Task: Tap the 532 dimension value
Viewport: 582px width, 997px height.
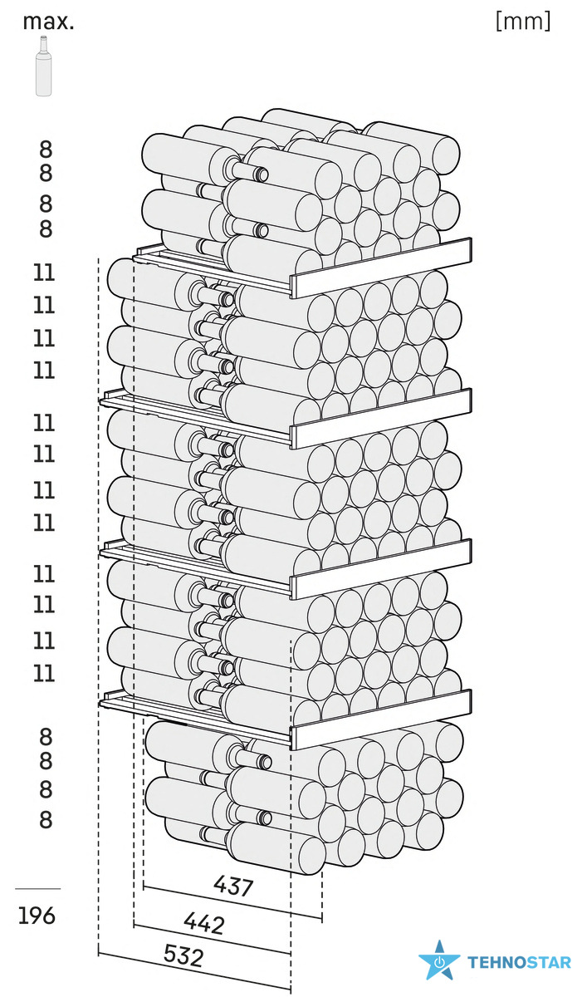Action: click(x=183, y=956)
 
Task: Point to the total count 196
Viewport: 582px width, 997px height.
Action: click(x=37, y=916)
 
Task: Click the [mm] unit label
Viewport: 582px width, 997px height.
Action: click(x=523, y=21)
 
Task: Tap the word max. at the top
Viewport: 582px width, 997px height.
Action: click(x=48, y=22)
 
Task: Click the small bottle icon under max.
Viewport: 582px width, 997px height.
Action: click(x=43, y=66)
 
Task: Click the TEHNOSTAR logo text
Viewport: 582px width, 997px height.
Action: click(x=519, y=962)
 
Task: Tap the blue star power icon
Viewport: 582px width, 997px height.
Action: click(x=439, y=960)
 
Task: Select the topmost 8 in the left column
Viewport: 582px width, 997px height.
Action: click(x=46, y=150)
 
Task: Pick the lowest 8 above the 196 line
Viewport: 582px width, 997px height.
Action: click(x=46, y=819)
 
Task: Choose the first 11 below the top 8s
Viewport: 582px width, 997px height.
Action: click(x=44, y=273)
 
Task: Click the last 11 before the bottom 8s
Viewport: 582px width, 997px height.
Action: click(x=44, y=674)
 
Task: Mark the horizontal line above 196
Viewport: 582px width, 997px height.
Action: click(x=38, y=889)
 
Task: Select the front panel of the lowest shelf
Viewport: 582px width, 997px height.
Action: click(x=381, y=720)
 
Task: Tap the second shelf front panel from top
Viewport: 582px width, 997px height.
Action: click(x=381, y=419)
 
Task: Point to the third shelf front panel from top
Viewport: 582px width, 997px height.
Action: click(x=381, y=569)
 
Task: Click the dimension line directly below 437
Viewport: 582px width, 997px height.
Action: click(x=232, y=902)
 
